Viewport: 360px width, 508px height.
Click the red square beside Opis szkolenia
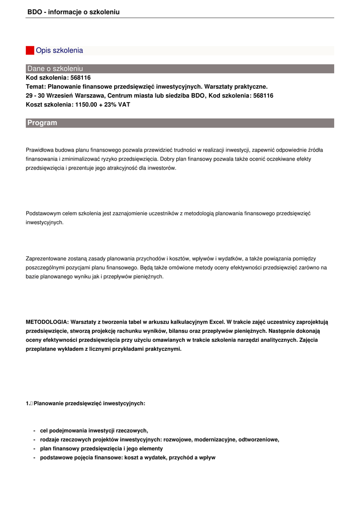click(x=30, y=51)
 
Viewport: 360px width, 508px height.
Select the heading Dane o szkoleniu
click(x=55, y=68)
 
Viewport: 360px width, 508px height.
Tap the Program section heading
click(x=42, y=123)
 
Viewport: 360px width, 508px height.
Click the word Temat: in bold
click(x=35, y=86)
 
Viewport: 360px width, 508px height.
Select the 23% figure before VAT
click(x=110, y=105)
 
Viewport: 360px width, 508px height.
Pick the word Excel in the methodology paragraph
click(x=216, y=322)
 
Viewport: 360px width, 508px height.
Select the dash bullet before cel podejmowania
click(x=34, y=431)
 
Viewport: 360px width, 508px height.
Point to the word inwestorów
click(x=162, y=168)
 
